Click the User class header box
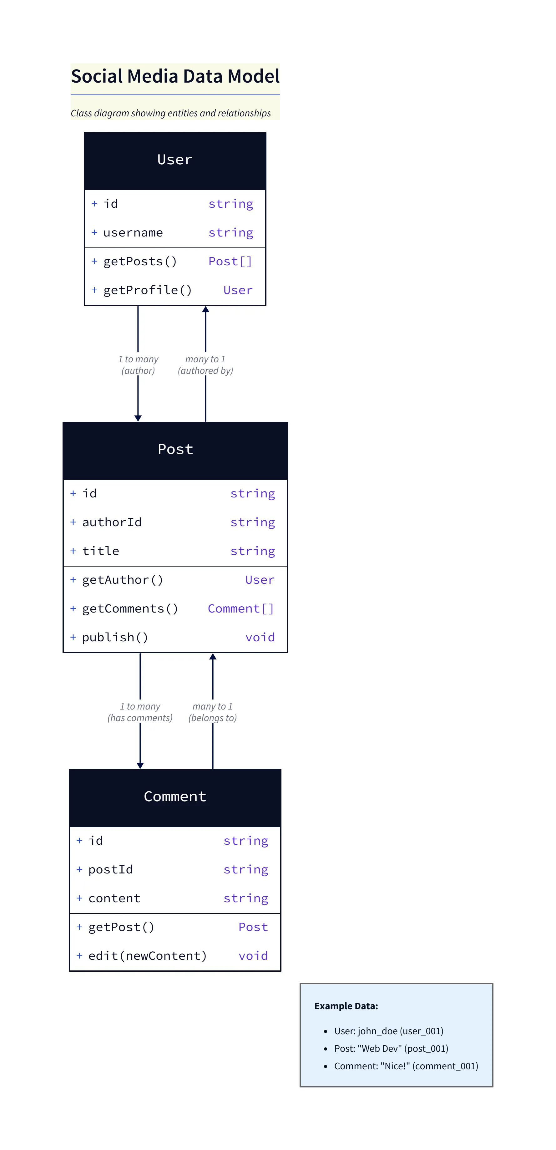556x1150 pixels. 175,160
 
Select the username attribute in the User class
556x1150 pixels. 133,232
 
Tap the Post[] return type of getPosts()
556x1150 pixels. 230,261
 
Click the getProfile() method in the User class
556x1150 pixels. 148,290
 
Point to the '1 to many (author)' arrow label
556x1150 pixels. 138,365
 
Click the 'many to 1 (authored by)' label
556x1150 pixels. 205,365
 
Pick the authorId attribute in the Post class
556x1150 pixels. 112,522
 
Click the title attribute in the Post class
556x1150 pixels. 101,551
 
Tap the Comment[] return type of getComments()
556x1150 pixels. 240,608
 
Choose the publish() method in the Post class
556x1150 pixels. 115,638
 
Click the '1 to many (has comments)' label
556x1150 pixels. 140,712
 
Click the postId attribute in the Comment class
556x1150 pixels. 111,870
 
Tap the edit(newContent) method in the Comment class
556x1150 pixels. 148,956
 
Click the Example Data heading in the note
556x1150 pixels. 346,1006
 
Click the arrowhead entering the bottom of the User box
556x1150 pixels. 206,309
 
